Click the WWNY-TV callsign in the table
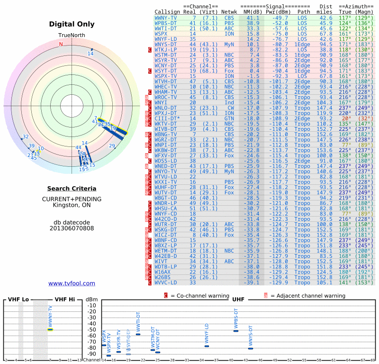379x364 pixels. point(165,18)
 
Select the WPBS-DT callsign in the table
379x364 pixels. point(165,23)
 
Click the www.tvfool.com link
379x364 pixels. point(72,283)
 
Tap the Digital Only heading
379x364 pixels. point(72,24)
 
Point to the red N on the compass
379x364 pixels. point(61,44)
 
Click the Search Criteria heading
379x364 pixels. point(72,189)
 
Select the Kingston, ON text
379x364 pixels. point(72,205)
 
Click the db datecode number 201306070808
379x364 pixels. point(72,228)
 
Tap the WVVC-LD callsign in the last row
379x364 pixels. point(165,282)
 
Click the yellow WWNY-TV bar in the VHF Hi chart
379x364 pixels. point(51,329)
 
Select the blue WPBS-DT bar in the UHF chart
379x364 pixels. point(236,330)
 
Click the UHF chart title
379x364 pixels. point(238,300)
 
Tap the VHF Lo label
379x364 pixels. point(18,300)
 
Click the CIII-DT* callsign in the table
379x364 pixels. point(167,118)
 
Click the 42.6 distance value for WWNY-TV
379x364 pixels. point(326,18)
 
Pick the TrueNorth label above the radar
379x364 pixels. point(72,36)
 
